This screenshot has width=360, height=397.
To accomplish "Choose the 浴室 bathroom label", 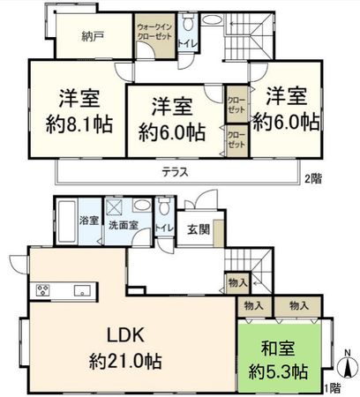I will [x=87, y=220].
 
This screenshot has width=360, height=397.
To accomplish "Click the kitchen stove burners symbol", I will [x=44, y=289].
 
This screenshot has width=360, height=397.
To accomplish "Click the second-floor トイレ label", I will [x=187, y=41].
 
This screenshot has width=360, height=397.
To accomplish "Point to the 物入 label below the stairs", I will [x=236, y=282].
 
